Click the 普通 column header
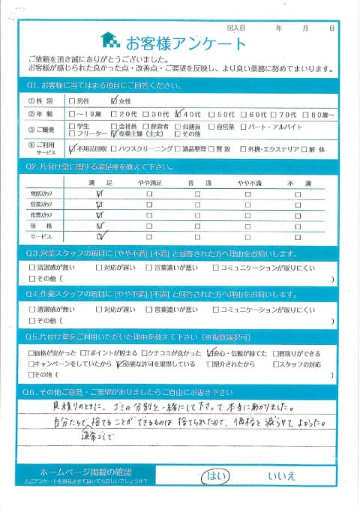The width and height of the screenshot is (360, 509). tap(196, 183)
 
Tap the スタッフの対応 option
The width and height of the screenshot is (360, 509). tap(303, 364)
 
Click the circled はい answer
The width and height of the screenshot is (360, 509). tap(213, 474)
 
